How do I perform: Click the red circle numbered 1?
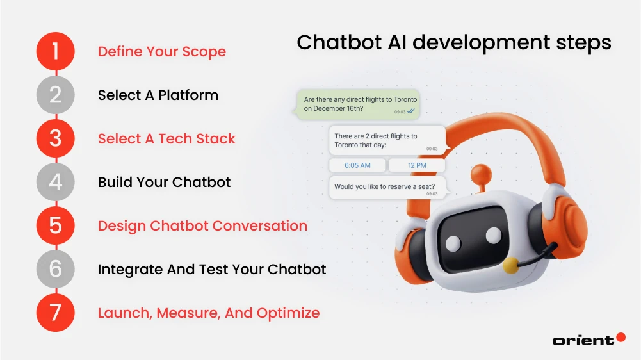(x=56, y=51)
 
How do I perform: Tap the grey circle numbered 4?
(x=56, y=182)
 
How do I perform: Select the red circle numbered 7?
(x=56, y=313)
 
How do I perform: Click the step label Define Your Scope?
(x=161, y=51)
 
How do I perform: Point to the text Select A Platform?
(x=158, y=95)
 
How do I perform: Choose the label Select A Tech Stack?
(x=166, y=138)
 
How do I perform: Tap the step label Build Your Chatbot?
(x=164, y=182)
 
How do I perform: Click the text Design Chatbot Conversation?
(x=202, y=225)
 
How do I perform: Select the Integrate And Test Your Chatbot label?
(x=212, y=269)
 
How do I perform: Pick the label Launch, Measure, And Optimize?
(x=208, y=313)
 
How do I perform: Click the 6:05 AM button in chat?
(x=357, y=165)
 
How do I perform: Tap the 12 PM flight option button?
(x=416, y=165)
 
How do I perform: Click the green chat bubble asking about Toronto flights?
(x=359, y=104)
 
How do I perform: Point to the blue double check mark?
(x=410, y=111)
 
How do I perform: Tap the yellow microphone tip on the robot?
(x=510, y=265)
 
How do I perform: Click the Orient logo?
(x=588, y=340)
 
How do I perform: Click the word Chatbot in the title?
(x=337, y=42)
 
